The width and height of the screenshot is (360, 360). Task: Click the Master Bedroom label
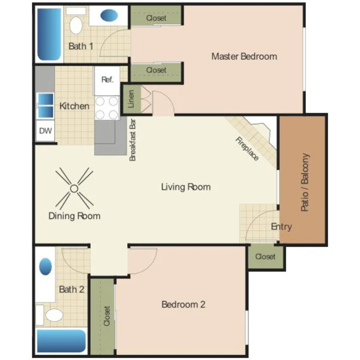pyautogui.click(x=244, y=57)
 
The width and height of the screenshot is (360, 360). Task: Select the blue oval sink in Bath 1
pyautogui.click(x=109, y=15)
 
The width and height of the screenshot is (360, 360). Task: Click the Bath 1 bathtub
pyautogui.click(x=49, y=34)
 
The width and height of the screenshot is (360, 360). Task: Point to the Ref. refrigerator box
pyautogui.click(x=107, y=81)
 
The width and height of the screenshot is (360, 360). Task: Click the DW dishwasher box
pyautogui.click(x=46, y=131)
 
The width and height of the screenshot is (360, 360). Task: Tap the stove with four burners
pyautogui.click(x=107, y=108)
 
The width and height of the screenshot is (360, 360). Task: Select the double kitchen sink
pyautogui.click(x=45, y=106)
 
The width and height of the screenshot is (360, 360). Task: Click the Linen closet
pyautogui.click(x=131, y=99)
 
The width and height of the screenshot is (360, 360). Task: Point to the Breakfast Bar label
pyautogui.click(x=132, y=140)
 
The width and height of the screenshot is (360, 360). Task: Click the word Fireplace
pyautogui.click(x=247, y=148)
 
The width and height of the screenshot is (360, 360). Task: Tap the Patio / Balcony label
pyautogui.click(x=305, y=182)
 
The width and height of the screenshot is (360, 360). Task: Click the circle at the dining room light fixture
pyautogui.click(x=74, y=189)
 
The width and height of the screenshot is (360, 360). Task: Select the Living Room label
pyautogui.click(x=186, y=187)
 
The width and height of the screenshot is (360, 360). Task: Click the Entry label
pyautogui.click(x=281, y=227)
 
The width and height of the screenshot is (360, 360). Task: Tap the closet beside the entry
pyautogui.click(x=265, y=256)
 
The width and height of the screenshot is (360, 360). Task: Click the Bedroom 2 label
pyautogui.click(x=183, y=304)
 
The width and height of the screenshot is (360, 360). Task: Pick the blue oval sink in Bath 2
pyautogui.click(x=46, y=266)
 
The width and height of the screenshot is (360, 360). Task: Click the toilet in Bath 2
pyautogui.click(x=54, y=315)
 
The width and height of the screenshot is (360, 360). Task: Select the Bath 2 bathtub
pyautogui.click(x=61, y=341)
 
